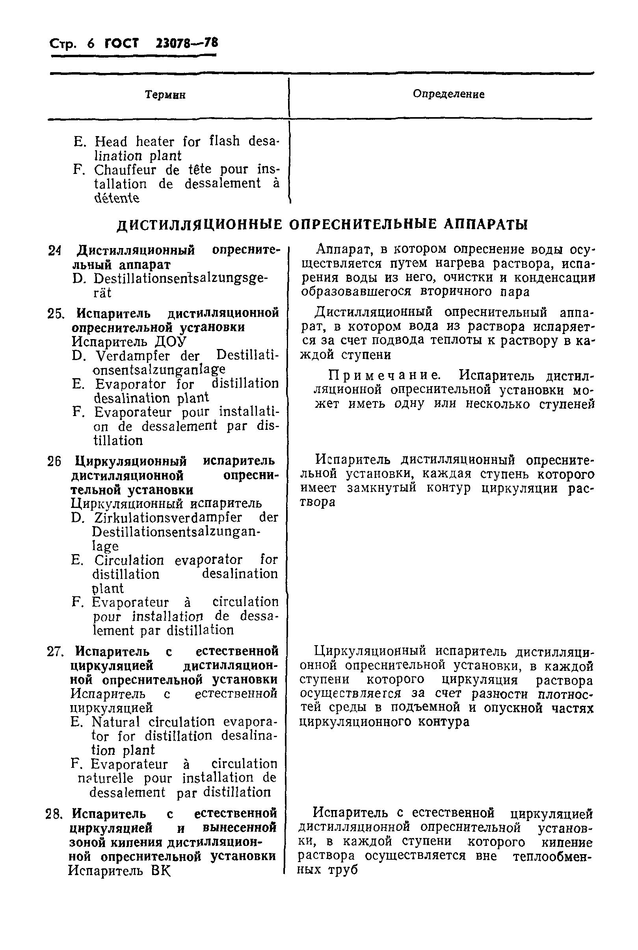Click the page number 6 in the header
click(x=91, y=43)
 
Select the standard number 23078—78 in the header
click(x=187, y=42)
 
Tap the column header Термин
click(x=165, y=95)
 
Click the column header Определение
click(x=448, y=94)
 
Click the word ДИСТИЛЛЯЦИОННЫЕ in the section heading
click(x=199, y=224)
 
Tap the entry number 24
click(x=54, y=250)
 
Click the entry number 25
click(x=55, y=314)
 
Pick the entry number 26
click(x=54, y=462)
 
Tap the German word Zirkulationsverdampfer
click(x=167, y=517)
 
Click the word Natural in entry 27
click(x=115, y=722)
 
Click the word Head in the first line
click(x=111, y=142)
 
